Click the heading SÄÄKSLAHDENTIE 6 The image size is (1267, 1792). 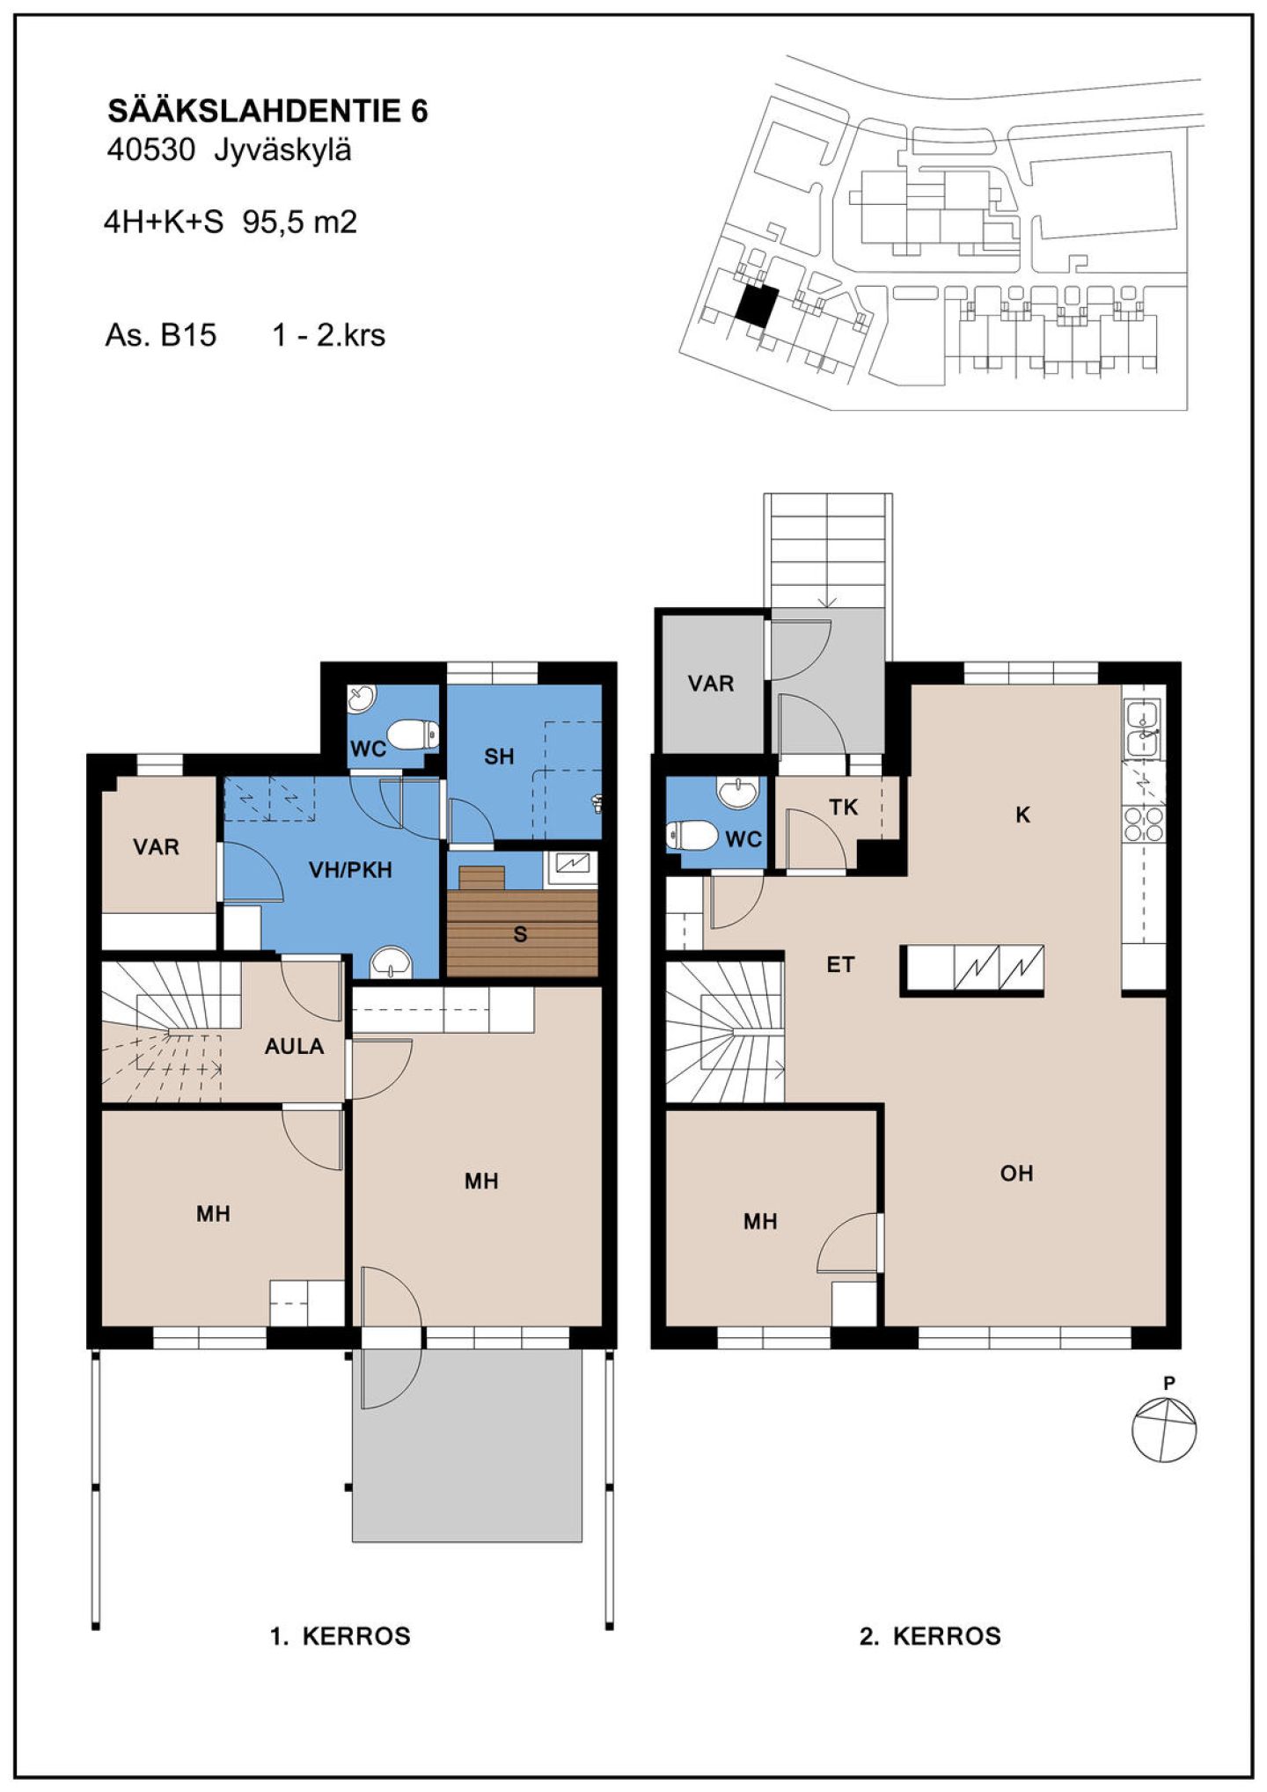click(267, 111)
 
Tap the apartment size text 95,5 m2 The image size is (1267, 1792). click(300, 222)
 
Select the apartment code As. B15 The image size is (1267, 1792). click(161, 335)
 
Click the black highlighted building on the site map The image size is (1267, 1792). click(757, 305)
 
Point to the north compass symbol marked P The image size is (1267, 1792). click(1164, 1429)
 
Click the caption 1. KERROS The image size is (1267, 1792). click(341, 1636)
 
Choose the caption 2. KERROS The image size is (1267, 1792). click(930, 1636)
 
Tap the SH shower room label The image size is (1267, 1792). click(499, 757)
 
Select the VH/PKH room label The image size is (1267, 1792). click(350, 870)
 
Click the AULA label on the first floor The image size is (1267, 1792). click(294, 1046)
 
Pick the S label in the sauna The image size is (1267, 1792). click(520, 934)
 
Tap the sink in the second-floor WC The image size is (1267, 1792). click(737, 793)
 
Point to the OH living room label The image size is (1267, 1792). click(1016, 1173)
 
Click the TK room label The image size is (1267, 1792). click(843, 807)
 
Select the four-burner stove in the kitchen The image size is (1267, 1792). click(1144, 823)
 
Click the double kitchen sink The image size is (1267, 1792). click(1144, 729)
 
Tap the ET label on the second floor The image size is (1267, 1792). click(840, 965)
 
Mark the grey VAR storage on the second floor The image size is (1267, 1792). click(711, 684)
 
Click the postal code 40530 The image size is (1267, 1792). click(150, 150)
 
